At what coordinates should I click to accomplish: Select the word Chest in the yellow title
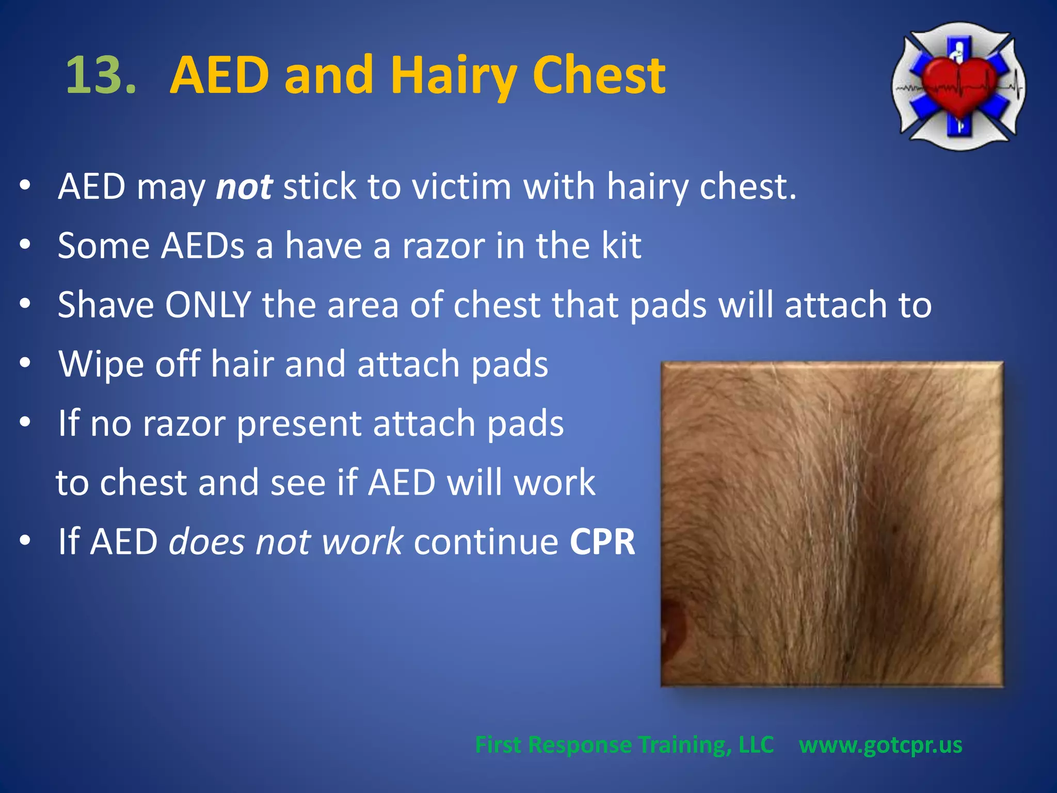tap(599, 75)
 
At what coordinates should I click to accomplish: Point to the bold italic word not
tap(244, 187)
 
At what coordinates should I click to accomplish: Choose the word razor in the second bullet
tap(443, 246)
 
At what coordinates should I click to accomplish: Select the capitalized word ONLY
tap(208, 305)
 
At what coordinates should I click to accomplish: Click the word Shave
tap(106, 305)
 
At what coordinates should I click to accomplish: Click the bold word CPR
tap(602, 542)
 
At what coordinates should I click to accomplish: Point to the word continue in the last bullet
tap(486, 542)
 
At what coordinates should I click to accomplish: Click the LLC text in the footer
tap(756, 744)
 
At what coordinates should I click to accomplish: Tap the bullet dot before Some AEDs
tap(25, 244)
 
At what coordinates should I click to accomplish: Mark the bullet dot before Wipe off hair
tap(25, 362)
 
